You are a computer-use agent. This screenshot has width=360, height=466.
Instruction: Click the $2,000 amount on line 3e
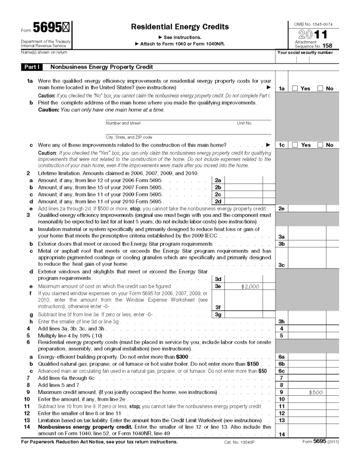pos(243,286)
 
